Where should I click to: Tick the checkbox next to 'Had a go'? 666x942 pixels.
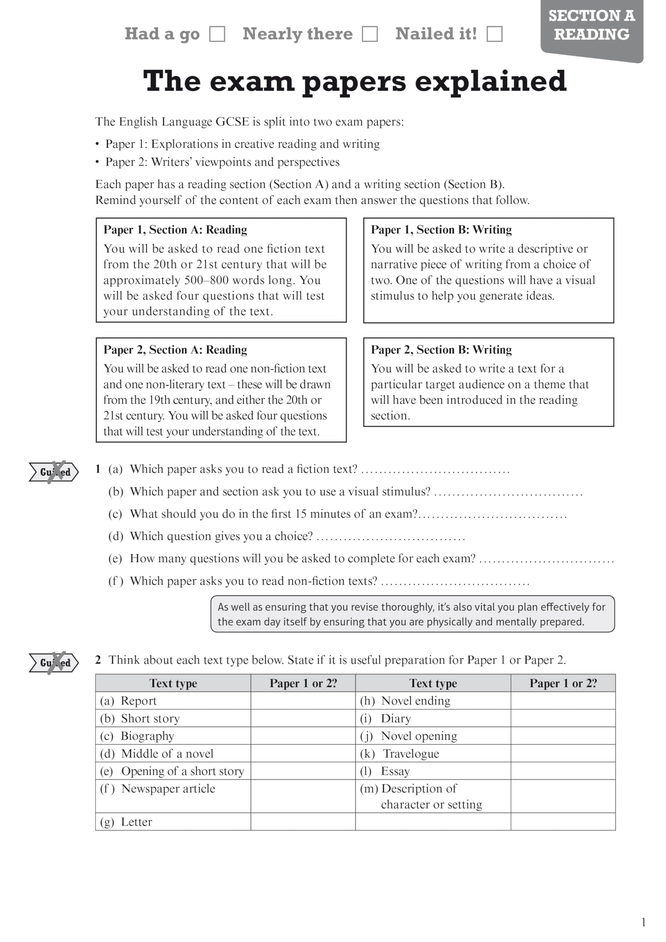click(x=217, y=34)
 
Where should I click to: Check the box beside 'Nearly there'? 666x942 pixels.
click(x=369, y=34)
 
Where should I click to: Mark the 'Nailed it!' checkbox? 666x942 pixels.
click(x=494, y=34)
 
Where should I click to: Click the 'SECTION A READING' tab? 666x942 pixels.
click(x=591, y=25)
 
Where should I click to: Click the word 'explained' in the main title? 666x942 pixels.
click(x=490, y=81)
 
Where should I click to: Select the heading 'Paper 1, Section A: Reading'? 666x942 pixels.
click(x=175, y=230)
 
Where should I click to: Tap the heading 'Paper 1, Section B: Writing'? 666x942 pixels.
click(x=441, y=230)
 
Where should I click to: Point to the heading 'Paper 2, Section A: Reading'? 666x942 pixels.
click(x=175, y=350)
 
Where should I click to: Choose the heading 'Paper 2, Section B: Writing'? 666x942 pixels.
click(x=441, y=350)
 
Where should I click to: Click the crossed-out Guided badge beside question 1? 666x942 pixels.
click(x=54, y=472)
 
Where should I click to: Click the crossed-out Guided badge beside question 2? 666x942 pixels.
click(x=54, y=663)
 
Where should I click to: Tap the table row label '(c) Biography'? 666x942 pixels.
click(x=138, y=736)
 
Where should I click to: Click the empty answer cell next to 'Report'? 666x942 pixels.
click(x=303, y=701)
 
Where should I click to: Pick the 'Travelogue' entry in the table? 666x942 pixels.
click(x=411, y=754)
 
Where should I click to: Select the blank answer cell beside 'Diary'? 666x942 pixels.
click(x=563, y=718)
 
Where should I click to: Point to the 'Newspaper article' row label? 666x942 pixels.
click(x=168, y=789)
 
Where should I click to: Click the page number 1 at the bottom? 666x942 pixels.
click(x=644, y=922)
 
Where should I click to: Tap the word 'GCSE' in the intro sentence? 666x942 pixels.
click(x=232, y=122)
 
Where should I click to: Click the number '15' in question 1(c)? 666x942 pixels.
click(x=301, y=514)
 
